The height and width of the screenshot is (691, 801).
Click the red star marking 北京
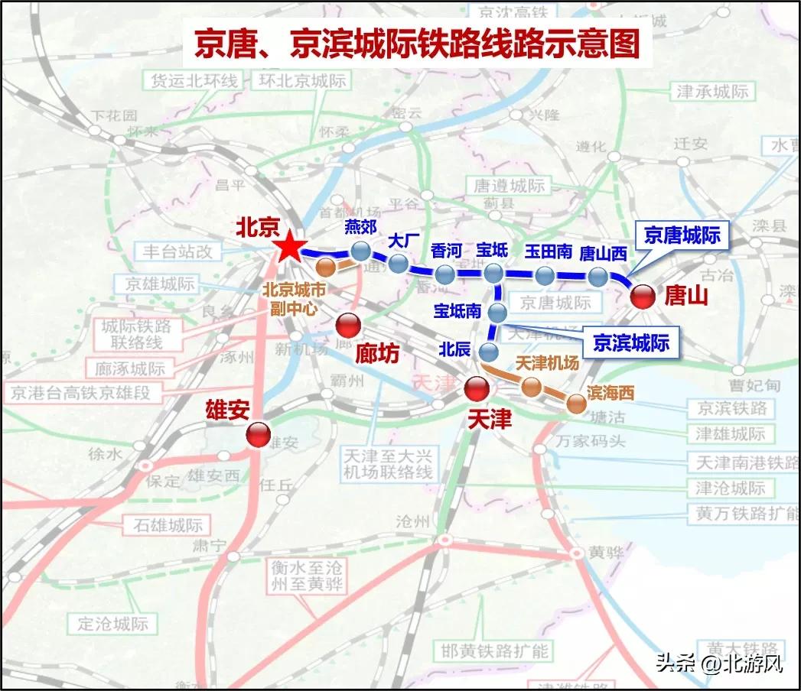pyautogui.click(x=290, y=247)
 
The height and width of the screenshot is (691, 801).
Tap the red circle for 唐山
pyautogui.click(x=642, y=296)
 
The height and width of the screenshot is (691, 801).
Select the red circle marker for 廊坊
pyautogui.click(x=348, y=326)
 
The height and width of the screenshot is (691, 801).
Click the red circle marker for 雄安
pyautogui.click(x=258, y=435)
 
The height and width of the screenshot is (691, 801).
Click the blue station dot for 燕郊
pyautogui.click(x=360, y=251)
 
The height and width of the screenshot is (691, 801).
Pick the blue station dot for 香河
pyautogui.click(x=445, y=274)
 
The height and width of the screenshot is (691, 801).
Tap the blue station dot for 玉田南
pyautogui.click(x=545, y=275)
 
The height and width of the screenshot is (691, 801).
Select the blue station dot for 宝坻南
pyautogui.click(x=497, y=312)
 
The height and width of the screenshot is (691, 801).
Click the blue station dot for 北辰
pyautogui.click(x=488, y=351)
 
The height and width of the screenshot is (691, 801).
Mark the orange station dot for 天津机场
pyautogui.click(x=529, y=386)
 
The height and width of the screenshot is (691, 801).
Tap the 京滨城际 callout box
pyautogui.click(x=631, y=343)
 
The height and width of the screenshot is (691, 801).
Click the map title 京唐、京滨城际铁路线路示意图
pyautogui.click(x=416, y=45)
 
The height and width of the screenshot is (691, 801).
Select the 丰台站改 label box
pyautogui.click(x=177, y=251)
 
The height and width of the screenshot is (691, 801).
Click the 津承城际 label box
pyautogui.click(x=712, y=92)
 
